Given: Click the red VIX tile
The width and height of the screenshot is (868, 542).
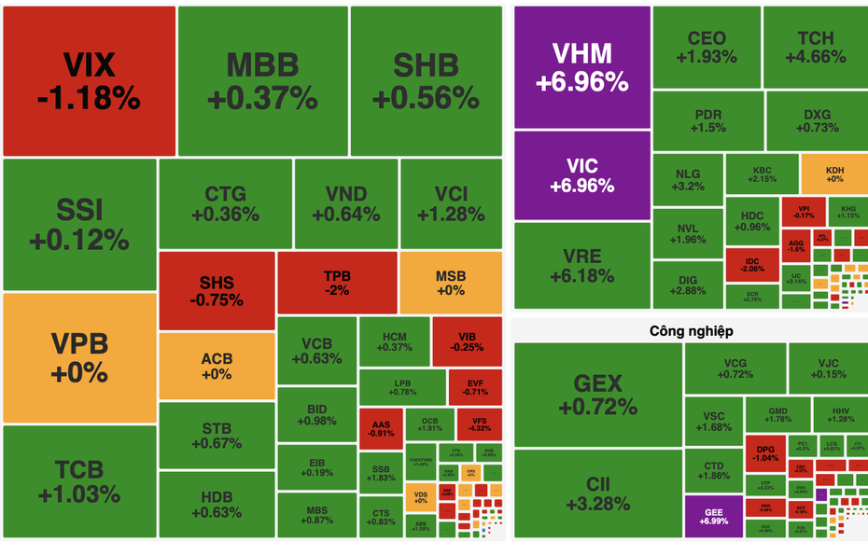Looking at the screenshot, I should [89, 80].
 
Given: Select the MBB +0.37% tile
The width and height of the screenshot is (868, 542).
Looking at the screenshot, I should [262, 80].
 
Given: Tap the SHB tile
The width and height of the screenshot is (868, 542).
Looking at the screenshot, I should [426, 80].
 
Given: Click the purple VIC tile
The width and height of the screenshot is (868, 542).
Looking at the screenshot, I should [581, 174].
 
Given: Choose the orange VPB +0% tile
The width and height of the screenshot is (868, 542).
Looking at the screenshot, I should [78, 357].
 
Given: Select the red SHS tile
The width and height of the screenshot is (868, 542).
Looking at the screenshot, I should [217, 290].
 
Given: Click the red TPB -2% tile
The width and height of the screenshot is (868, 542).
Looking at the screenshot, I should [337, 282].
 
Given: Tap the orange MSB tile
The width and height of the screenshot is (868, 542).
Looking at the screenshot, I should [451, 282].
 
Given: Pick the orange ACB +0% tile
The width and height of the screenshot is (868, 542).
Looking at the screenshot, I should [217, 366].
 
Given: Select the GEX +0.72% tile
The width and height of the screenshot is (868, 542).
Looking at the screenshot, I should [597, 395].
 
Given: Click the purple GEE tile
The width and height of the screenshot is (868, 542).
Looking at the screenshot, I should [713, 515].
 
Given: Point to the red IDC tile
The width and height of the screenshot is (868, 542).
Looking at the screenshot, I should [753, 263].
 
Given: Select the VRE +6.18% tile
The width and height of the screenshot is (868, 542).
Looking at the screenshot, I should [581, 265].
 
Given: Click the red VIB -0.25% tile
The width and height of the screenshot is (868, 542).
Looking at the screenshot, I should [467, 341].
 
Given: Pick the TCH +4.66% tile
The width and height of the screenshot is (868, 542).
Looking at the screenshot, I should [815, 47].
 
